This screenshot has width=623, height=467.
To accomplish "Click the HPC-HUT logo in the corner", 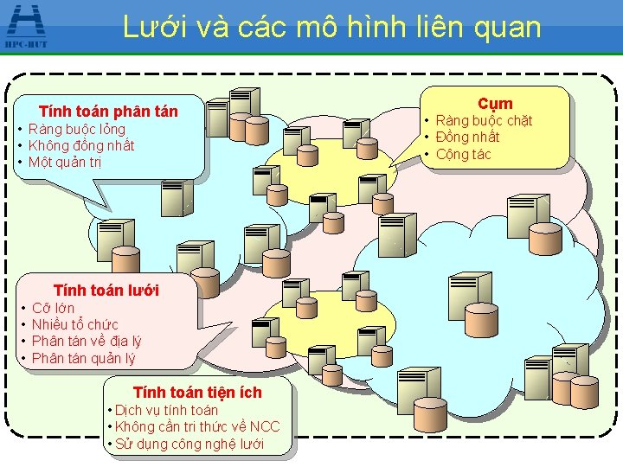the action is [25, 25].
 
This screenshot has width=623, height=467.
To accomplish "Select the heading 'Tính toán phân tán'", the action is [109, 112].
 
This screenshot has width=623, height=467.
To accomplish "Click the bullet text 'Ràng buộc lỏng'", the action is [77, 130].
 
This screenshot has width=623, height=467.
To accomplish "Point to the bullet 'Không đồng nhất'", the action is [81, 145].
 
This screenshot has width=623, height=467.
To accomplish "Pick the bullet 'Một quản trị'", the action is [66, 162].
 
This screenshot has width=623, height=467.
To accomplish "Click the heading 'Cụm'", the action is [495, 103].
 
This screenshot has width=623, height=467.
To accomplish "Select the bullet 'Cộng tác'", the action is [463, 154].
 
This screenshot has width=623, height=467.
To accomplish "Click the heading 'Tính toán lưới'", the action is [106, 290].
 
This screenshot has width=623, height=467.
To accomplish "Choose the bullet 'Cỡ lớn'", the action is [53, 308].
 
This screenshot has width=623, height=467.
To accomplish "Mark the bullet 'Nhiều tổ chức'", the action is [74, 324].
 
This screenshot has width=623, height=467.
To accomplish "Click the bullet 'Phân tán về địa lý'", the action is [87, 341].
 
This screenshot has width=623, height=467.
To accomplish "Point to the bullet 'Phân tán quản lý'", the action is [83, 358].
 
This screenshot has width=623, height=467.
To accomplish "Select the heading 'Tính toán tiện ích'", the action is [197, 393].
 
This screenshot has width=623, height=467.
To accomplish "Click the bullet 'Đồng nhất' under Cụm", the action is [467, 137].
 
